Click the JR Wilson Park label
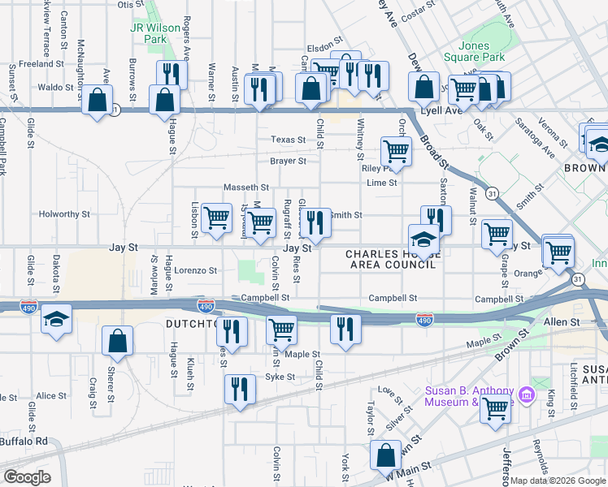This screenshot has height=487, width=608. click(x=155, y=33)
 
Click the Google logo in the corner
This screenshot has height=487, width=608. click(x=27, y=476)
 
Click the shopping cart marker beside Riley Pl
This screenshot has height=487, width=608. click(x=395, y=149)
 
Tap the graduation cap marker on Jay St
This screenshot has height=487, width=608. click(x=423, y=239)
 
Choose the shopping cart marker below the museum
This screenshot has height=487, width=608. click(x=495, y=409)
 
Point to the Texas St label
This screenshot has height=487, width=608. click(x=289, y=140)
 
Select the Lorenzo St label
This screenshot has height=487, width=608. click(x=196, y=270)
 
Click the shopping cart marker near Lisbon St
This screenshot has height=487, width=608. click(x=216, y=218)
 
